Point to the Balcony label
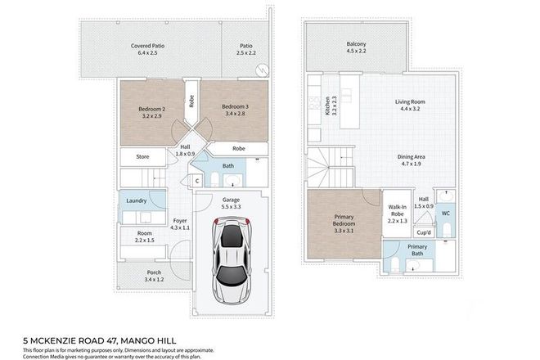click(x=355, y=44)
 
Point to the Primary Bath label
click(x=418, y=250)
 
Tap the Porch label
click(x=144, y=275)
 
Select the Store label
click(x=142, y=156)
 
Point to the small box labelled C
click(x=197, y=180)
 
